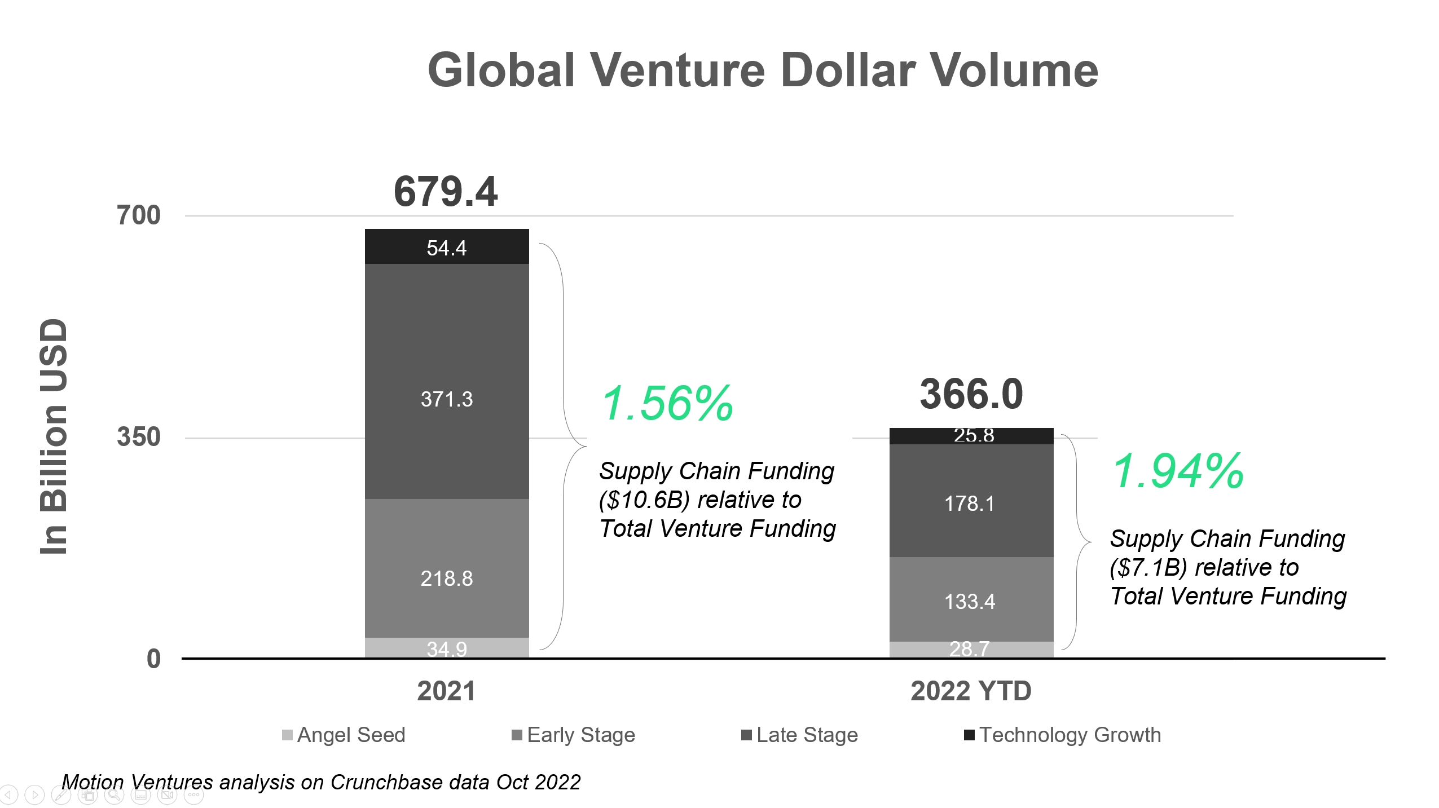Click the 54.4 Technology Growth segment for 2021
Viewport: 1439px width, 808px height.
click(x=446, y=247)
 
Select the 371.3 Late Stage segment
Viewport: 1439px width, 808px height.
click(x=446, y=381)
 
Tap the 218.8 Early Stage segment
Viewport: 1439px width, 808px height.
click(x=446, y=568)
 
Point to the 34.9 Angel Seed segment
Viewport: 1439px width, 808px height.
click(x=446, y=648)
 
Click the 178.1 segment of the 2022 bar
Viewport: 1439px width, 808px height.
click(x=971, y=501)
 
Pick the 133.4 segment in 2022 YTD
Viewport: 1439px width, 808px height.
click(x=971, y=599)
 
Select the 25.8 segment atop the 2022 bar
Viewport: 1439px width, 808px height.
click(x=971, y=436)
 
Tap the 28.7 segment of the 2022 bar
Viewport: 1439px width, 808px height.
click(x=971, y=649)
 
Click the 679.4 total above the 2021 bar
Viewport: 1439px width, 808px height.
click(x=446, y=192)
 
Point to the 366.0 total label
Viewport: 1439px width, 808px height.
click(x=971, y=394)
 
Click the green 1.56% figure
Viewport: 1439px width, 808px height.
click(x=667, y=403)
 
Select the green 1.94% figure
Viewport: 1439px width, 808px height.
click(x=1178, y=471)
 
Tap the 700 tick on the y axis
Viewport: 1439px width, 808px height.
click(x=138, y=215)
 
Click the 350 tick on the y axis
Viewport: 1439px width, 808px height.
click(x=138, y=437)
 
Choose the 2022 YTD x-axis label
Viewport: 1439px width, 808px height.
click(x=971, y=691)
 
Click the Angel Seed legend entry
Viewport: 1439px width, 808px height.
click(x=344, y=735)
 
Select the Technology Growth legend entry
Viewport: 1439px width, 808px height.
click(x=1063, y=735)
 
